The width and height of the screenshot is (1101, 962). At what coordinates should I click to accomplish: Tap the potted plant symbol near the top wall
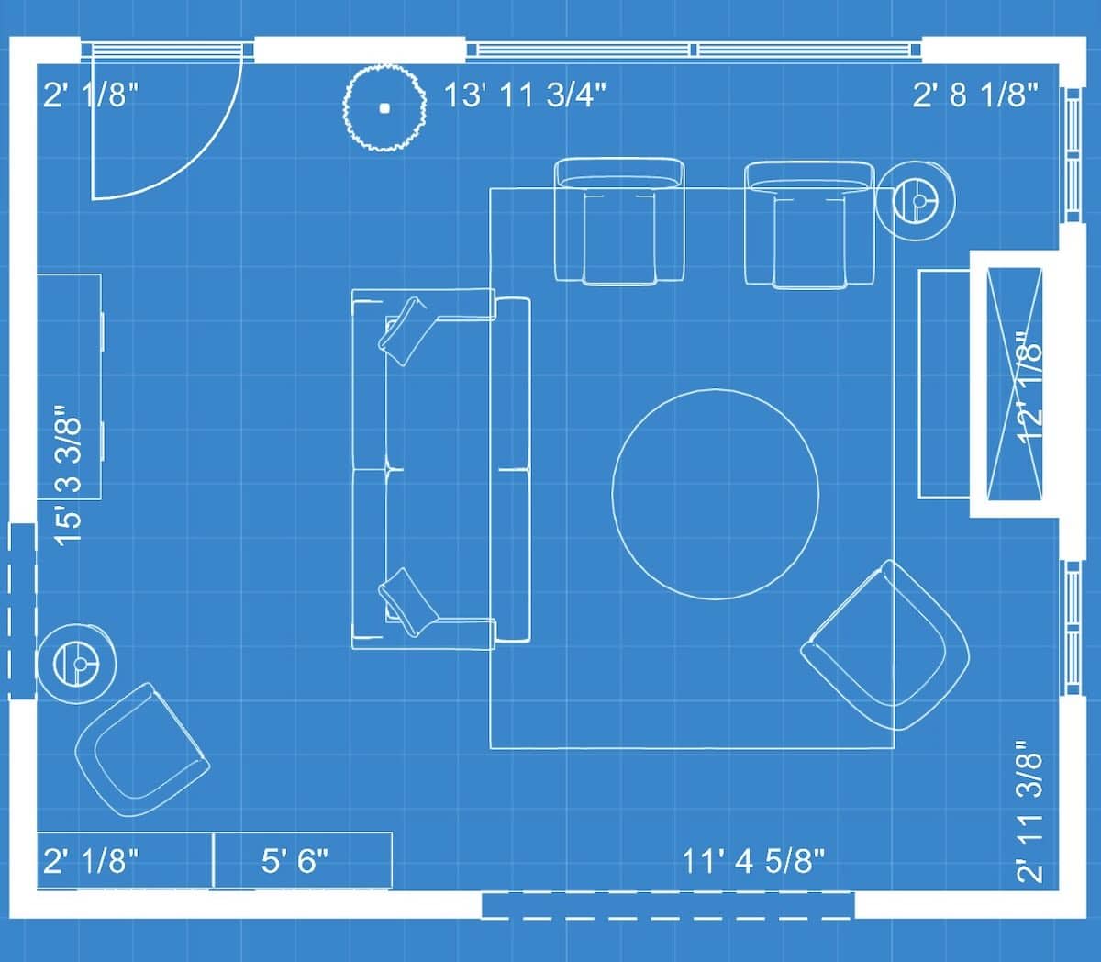click(384, 108)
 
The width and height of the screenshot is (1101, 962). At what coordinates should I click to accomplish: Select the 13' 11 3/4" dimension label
click(526, 95)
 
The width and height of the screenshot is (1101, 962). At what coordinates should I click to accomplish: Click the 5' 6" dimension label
click(295, 860)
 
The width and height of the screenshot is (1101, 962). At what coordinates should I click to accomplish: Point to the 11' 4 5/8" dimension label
click(753, 860)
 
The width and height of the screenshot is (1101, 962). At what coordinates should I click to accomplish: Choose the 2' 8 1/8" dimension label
click(975, 95)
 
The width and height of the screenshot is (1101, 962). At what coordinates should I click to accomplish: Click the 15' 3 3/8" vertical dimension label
click(68, 475)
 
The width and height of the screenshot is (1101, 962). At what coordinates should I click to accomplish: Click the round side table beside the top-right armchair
click(916, 201)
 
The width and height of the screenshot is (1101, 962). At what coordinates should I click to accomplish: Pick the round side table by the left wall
click(76, 664)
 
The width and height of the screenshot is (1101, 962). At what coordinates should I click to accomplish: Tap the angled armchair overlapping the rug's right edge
click(885, 645)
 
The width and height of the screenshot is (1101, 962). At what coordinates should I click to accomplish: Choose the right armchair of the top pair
click(809, 225)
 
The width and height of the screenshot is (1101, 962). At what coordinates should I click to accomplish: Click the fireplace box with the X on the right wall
click(1015, 384)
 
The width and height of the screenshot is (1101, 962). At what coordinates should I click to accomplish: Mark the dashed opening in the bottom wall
click(668, 905)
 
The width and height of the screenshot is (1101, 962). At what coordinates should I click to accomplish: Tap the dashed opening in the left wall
click(22, 611)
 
